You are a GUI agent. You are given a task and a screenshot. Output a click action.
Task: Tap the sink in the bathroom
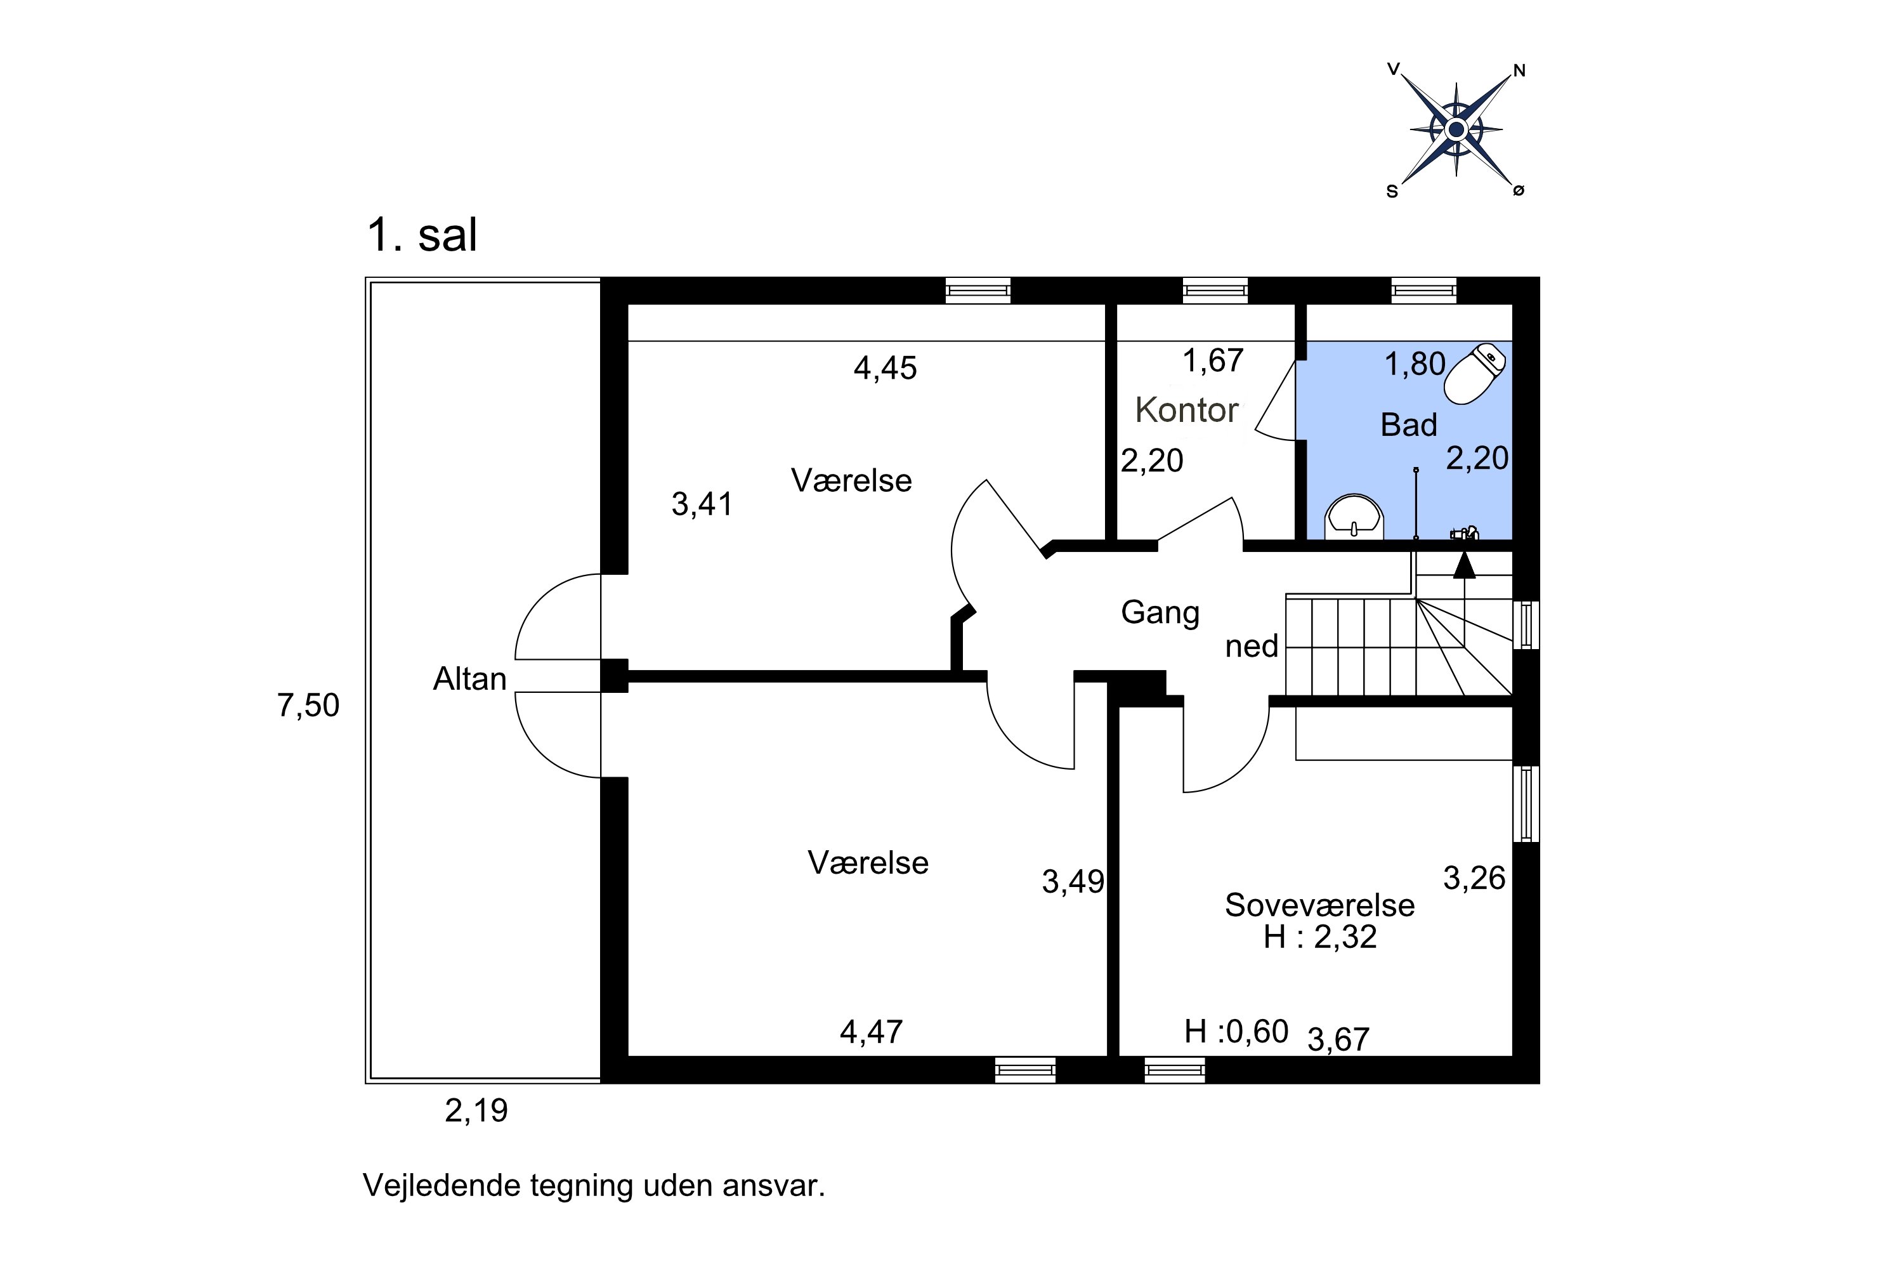click(1354, 517)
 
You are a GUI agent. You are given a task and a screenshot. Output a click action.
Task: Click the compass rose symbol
click(1456, 129)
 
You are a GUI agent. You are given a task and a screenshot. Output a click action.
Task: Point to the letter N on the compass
click(1519, 71)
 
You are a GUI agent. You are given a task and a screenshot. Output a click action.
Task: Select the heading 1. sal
click(422, 235)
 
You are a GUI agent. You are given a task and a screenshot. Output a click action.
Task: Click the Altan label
click(469, 679)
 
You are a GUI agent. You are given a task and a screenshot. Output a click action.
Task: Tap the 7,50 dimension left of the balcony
click(308, 706)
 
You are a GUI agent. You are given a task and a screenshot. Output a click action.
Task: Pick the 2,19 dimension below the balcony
click(476, 1111)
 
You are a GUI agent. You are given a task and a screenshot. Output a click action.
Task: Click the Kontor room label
click(1186, 411)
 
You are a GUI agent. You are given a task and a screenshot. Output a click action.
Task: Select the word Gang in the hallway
click(1160, 613)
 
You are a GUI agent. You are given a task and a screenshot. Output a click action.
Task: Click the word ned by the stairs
click(1251, 647)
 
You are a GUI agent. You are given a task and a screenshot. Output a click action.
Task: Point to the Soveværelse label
click(1319, 905)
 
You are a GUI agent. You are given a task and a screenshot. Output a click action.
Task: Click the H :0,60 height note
click(1236, 1032)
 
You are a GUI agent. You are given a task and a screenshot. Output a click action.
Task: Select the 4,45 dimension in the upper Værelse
click(885, 368)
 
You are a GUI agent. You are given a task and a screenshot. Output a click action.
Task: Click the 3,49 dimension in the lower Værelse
click(1073, 882)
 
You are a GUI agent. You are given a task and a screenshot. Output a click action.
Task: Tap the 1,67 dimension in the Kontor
click(1212, 361)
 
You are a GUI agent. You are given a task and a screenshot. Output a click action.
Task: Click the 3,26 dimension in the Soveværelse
click(1474, 878)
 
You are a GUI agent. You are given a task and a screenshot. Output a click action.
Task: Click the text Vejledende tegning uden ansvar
click(594, 1186)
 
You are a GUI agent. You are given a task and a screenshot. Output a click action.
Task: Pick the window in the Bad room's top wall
click(1423, 290)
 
